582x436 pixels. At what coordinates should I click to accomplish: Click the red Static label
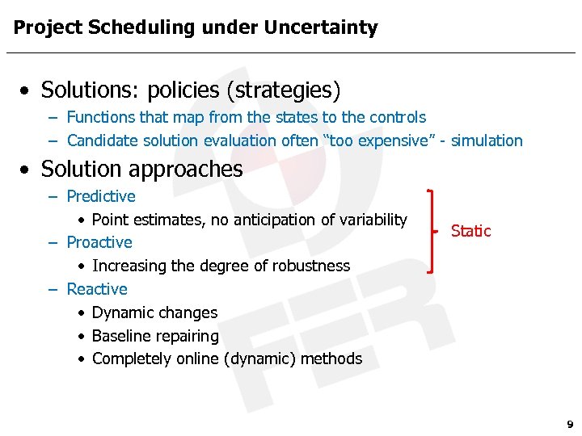pos(470,231)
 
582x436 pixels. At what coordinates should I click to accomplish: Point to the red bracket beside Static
pos(433,231)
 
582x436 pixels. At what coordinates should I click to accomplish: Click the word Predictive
pos(101,196)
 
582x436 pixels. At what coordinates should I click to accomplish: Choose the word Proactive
pos(99,242)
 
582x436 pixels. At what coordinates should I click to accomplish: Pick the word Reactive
pos(97,289)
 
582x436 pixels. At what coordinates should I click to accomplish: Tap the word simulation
pos(487,140)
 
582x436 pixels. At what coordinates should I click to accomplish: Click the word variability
pos(372,220)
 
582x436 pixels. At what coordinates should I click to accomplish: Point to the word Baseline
pos(122,336)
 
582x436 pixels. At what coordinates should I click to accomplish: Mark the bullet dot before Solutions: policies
pos(28,90)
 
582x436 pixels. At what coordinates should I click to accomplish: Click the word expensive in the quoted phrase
pos(391,140)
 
